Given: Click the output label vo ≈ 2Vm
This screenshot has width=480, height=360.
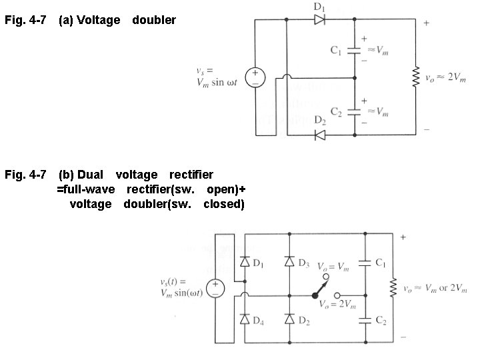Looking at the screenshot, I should click(x=446, y=77).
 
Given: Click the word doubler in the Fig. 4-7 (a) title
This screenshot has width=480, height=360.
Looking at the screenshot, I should click(x=154, y=20).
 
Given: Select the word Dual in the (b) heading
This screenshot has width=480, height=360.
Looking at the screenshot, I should click(x=90, y=175).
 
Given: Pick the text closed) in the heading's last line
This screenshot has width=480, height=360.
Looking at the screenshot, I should click(x=224, y=204).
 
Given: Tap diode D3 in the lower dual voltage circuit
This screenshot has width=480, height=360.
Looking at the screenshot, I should click(x=289, y=263).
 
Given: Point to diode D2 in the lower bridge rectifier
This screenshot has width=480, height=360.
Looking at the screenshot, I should click(x=289, y=320).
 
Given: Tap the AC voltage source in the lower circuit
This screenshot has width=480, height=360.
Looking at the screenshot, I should click(x=216, y=287).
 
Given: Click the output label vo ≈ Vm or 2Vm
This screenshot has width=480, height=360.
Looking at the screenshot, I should click(x=437, y=288).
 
